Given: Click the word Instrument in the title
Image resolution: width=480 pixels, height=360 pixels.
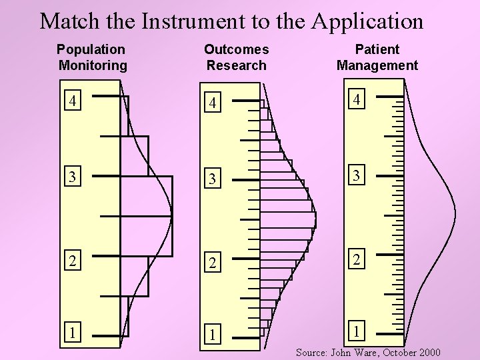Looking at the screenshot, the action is (x=187, y=21).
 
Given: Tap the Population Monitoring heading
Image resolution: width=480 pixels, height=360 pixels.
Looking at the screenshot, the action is (x=91, y=57).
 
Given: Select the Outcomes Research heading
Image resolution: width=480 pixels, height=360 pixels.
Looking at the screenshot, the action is (x=236, y=57).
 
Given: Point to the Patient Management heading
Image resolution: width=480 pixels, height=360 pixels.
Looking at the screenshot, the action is (x=377, y=57).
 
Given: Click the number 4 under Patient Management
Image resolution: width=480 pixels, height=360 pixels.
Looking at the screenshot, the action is (x=358, y=100).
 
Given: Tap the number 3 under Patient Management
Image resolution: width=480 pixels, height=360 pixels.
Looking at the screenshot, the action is (x=358, y=177).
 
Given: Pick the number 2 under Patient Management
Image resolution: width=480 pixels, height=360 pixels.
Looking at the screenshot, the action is (x=358, y=257).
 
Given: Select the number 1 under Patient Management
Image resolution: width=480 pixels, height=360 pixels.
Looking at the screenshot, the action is (x=358, y=330).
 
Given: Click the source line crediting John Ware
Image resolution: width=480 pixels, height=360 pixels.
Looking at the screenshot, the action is (x=368, y=352).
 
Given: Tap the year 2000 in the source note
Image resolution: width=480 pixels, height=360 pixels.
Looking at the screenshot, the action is (x=427, y=352).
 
